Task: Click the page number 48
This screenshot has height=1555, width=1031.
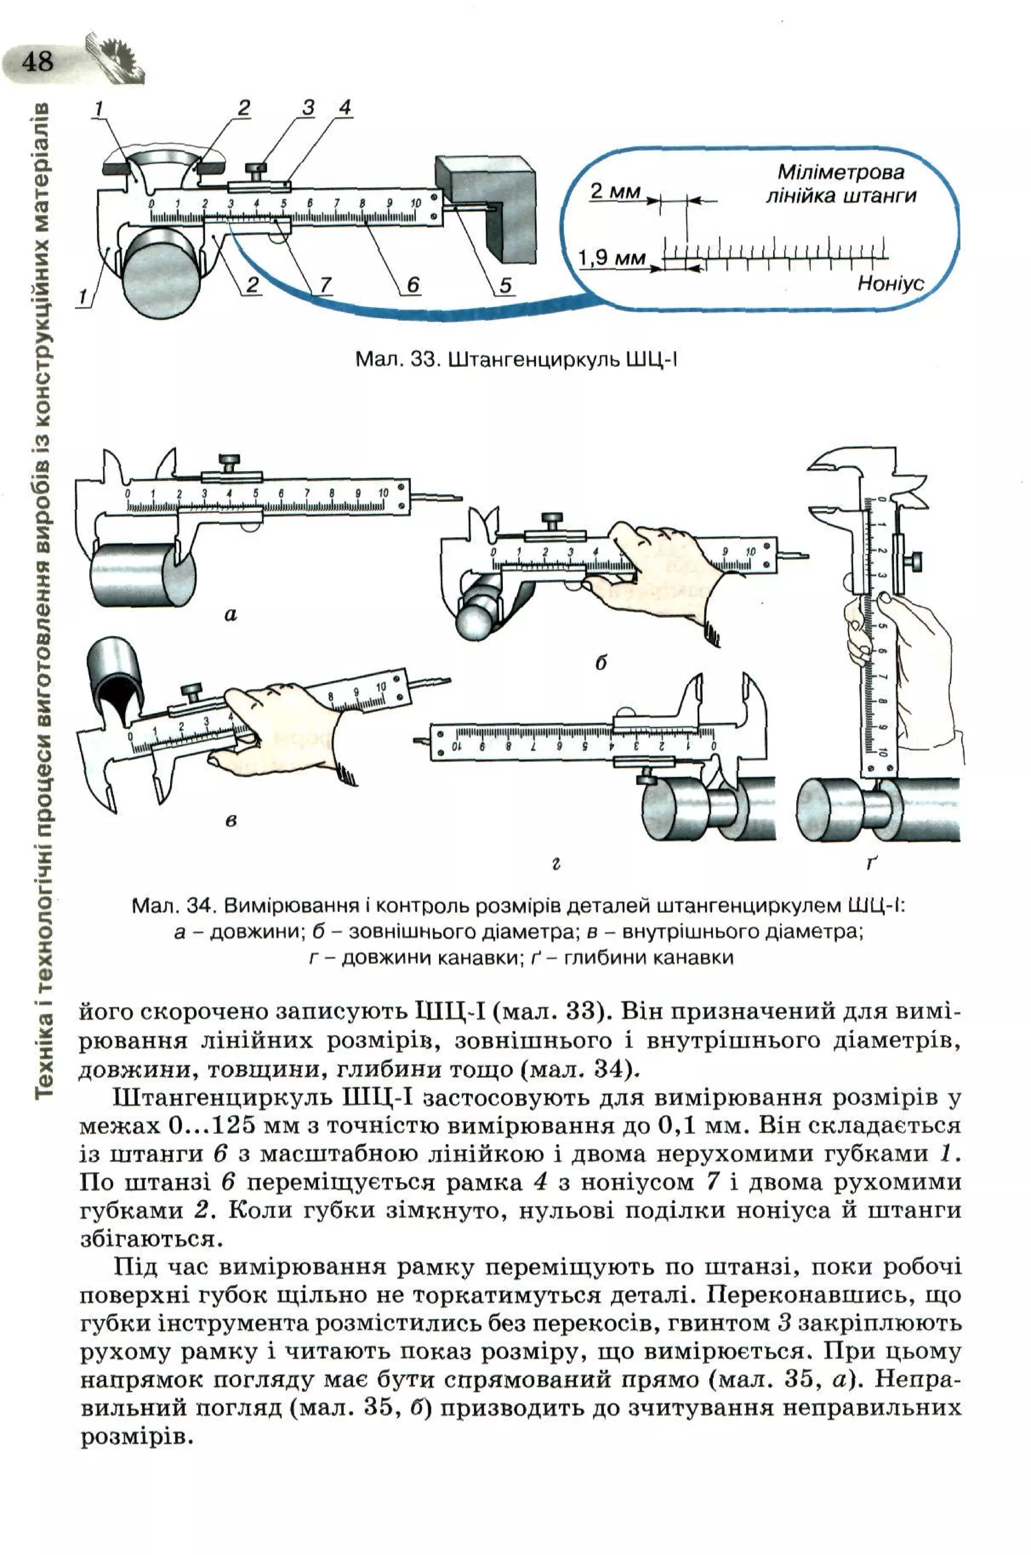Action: point(37,63)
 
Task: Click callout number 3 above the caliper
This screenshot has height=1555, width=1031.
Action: point(309,108)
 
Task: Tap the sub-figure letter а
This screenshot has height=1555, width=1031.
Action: point(230,615)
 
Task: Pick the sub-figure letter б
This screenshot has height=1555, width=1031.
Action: point(600,663)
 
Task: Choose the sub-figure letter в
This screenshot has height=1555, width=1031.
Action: point(231,820)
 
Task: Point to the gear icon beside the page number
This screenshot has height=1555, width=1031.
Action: point(115,57)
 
